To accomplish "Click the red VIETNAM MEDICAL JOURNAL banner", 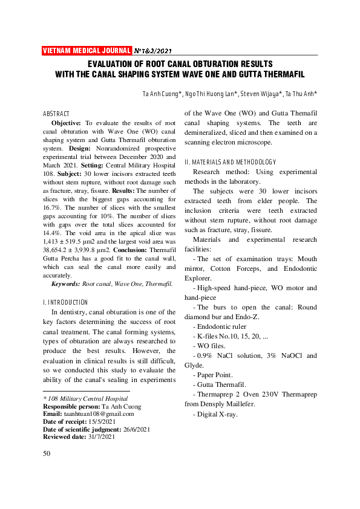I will click(x=87, y=50).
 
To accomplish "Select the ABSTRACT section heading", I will click(x=56, y=114).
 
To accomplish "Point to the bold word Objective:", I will click(x=67, y=122).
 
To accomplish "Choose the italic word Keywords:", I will click(x=65, y=283).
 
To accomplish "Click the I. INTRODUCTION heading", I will click(x=65, y=302).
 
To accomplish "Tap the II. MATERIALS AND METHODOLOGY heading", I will click(x=230, y=162).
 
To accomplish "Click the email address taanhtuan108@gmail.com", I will click(x=96, y=414).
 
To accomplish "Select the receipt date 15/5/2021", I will click(x=101, y=422).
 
